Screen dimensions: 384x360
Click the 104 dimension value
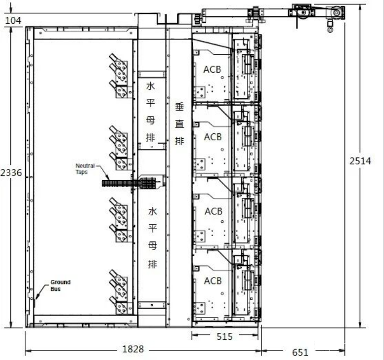13,21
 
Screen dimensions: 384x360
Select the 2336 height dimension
11,173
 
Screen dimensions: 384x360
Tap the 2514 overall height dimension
360,161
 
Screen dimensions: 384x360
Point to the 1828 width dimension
133,349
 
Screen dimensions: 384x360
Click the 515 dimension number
224,337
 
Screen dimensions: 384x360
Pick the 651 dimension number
300,353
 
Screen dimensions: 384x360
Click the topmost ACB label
212,70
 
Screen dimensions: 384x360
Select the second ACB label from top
213,137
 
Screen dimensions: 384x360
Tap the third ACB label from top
213,211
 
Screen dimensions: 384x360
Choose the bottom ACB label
213,281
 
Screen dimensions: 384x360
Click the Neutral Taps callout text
85,169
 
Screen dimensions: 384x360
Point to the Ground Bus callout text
60,285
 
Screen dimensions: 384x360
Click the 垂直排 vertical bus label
179,124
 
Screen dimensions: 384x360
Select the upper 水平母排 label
151,112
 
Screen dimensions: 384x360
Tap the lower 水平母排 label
152,238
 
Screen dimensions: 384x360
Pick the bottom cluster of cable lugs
119,292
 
